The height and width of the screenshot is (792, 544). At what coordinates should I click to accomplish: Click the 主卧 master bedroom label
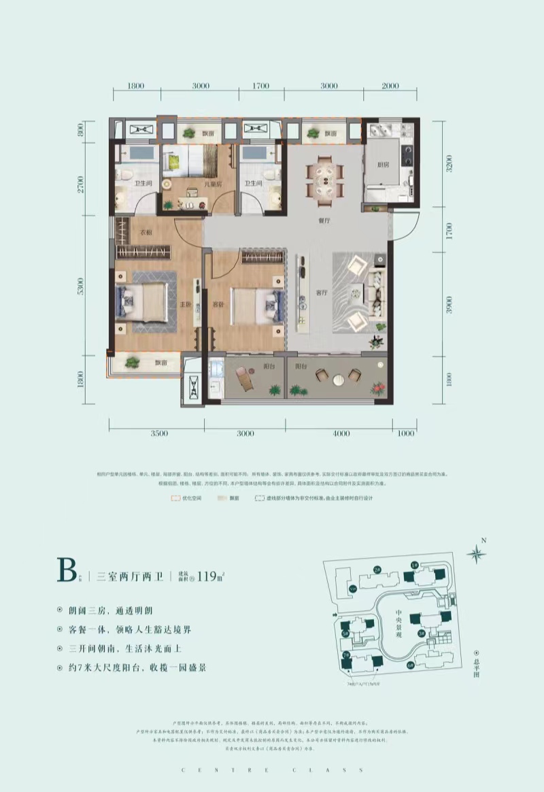point(183,305)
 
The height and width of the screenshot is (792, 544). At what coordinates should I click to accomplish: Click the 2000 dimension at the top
point(390,86)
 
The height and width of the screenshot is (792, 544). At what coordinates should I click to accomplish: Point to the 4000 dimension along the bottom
point(341,433)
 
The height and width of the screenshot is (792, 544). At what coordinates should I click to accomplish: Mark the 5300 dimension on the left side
point(81,286)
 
